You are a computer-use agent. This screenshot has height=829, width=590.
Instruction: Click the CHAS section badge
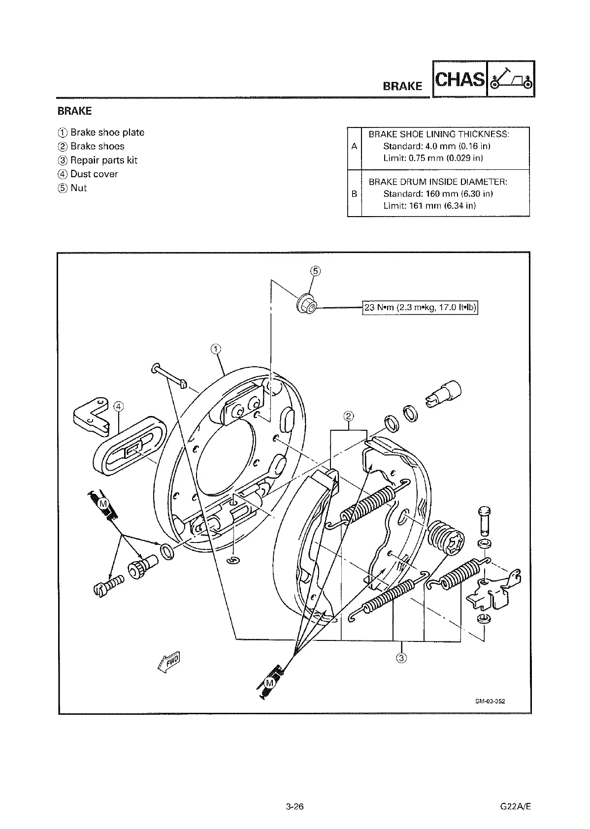pyautogui.click(x=459, y=79)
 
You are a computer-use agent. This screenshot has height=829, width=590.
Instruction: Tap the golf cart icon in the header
pyautogui.click(x=511, y=79)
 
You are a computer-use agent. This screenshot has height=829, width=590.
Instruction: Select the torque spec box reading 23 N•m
pyautogui.click(x=421, y=308)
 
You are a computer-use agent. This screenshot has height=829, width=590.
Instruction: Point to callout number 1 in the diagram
pyautogui.click(x=215, y=350)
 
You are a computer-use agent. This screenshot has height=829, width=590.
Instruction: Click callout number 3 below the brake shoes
pyautogui.click(x=401, y=658)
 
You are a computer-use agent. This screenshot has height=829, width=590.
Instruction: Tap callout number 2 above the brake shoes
pyautogui.click(x=348, y=416)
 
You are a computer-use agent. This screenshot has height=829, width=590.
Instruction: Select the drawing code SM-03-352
pyautogui.click(x=490, y=701)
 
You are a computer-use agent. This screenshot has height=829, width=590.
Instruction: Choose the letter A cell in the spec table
pyautogui.click(x=354, y=146)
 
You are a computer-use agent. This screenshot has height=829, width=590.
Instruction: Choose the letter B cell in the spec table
pyautogui.click(x=354, y=193)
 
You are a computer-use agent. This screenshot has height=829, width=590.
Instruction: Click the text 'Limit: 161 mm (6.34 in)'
pyautogui.click(x=429, y=205)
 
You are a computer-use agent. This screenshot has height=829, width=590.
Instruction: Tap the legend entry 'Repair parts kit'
pyautogui.click(x=103, y=160)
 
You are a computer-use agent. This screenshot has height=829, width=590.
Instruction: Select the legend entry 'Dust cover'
pyautogui.click(x=94, y=174)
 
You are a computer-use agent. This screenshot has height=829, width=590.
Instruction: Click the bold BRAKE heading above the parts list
pyautogui.click(x=75, y=111)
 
